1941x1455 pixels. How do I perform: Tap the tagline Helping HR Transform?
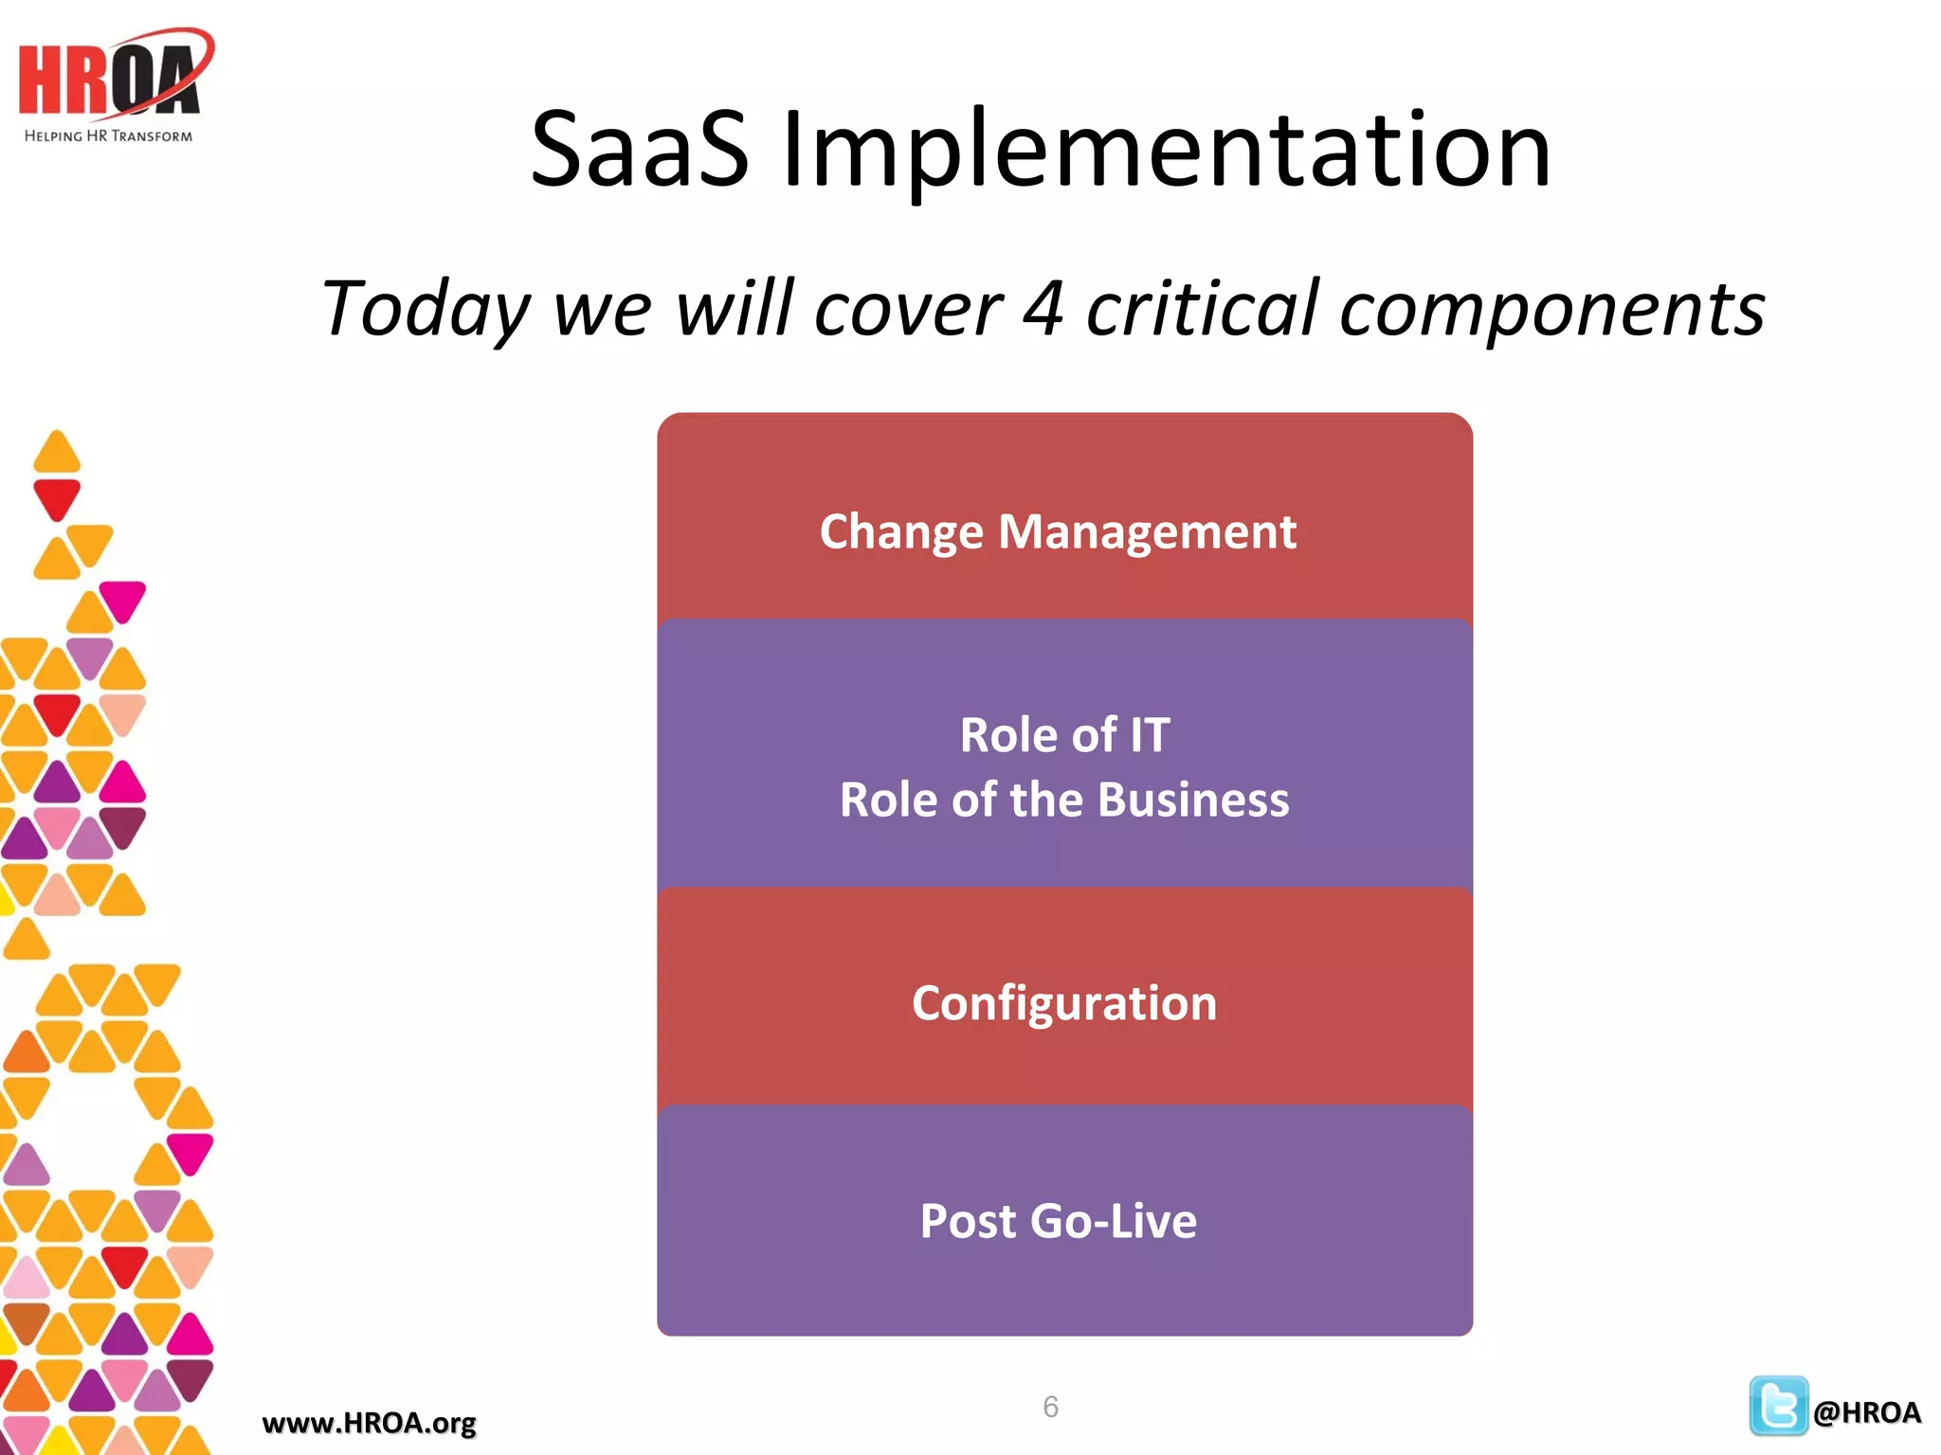108,136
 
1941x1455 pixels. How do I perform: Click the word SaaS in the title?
639,150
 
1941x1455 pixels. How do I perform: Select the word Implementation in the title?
1166,152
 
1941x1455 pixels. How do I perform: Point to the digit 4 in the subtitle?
1043,309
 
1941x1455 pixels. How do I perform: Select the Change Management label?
1058,532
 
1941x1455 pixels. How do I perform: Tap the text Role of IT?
1064,735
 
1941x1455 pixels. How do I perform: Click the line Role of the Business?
1064,799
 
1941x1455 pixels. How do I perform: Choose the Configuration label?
1064,1003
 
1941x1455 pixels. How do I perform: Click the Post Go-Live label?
1059,1221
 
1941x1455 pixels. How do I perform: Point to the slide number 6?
1050,1407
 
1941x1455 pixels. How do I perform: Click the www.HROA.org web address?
369,1423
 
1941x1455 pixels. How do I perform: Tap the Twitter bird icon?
1778,1406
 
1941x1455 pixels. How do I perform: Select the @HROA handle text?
1866,1412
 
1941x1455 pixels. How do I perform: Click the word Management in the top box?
1147,532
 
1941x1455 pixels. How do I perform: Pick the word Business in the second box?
1193,799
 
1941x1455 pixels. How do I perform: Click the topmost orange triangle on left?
57,453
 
